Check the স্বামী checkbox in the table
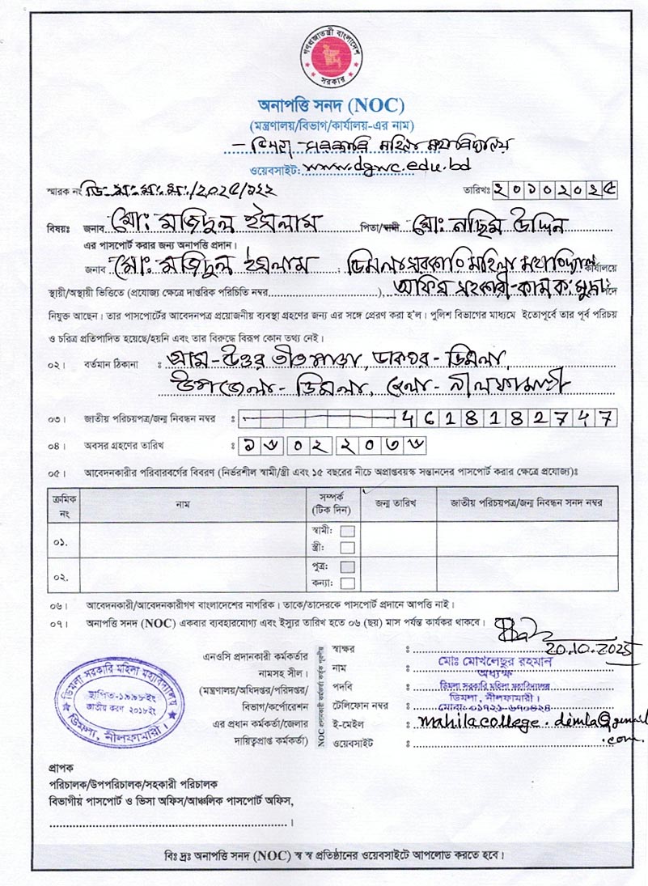coord(348,531)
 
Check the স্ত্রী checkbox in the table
coord(348,547)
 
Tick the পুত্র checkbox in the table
coord(348,567)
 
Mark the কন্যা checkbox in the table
coord(348,583)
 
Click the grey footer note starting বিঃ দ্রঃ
coord(332,854)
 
